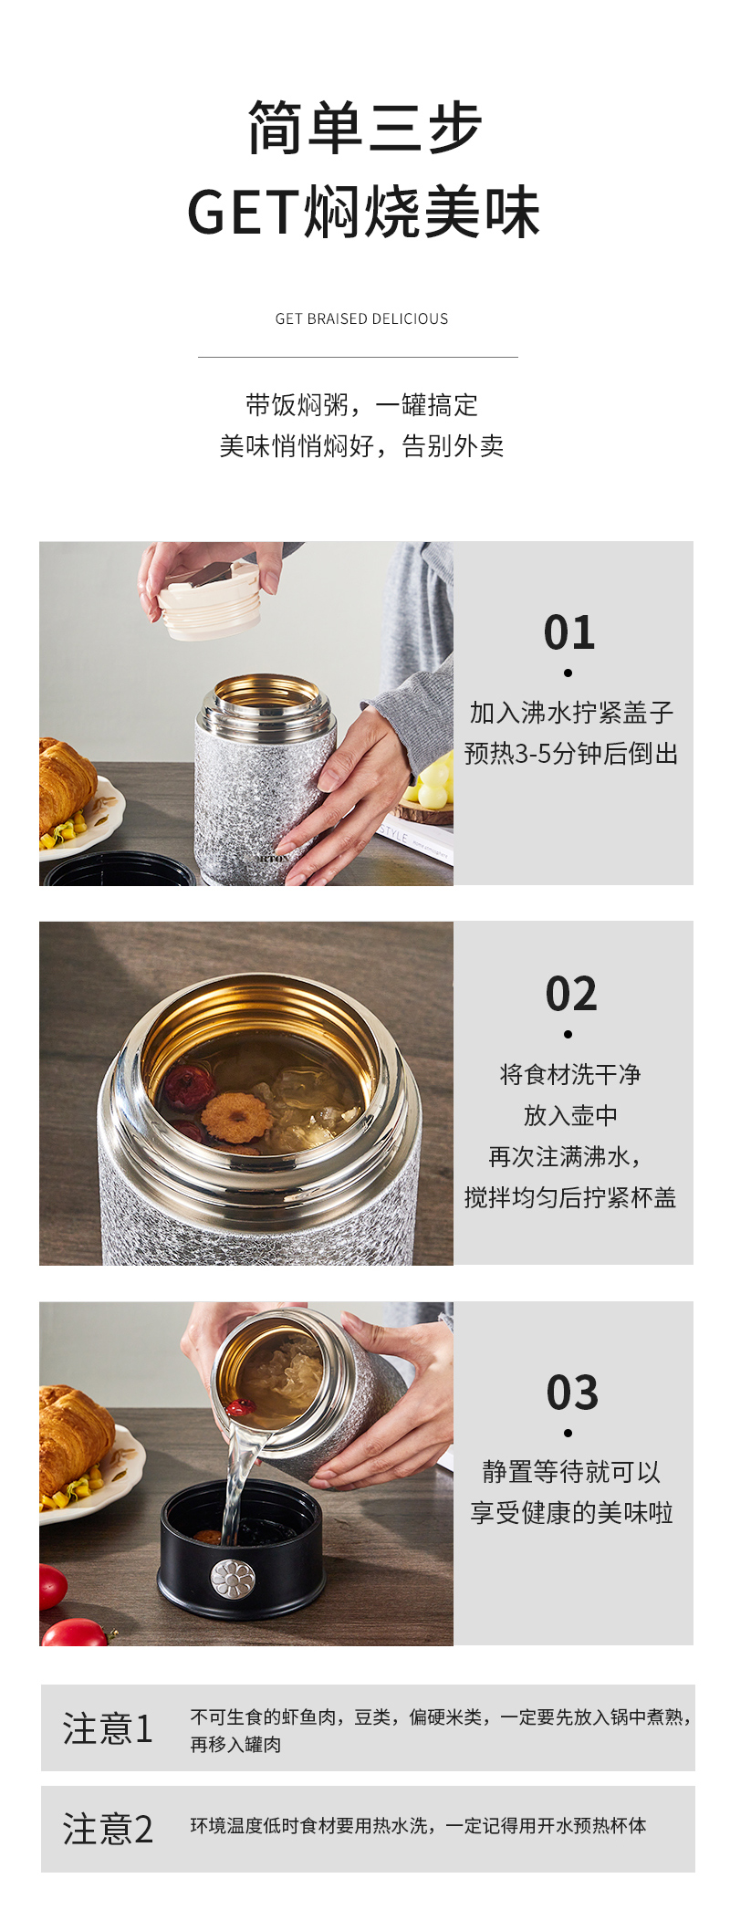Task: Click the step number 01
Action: click(569, 632)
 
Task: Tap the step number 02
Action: click(571, 994)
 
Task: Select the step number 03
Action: click(572, 1393)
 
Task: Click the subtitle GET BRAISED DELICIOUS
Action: click(361, 318)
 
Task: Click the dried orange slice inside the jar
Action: click(236, 1117)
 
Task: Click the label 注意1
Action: click(108, 1728)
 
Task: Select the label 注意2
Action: click(108, 1829)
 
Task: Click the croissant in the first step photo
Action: click(66, 785)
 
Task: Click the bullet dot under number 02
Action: click(568, 1034)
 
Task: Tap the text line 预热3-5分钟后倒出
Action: click(571, 754)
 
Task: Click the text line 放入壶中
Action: click(570, 1115)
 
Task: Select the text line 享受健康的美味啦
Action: click(571, 1513)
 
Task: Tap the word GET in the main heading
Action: click(242, 213)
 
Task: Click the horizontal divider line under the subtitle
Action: click(358, 357)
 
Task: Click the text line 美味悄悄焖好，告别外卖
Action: click(361, 446)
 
